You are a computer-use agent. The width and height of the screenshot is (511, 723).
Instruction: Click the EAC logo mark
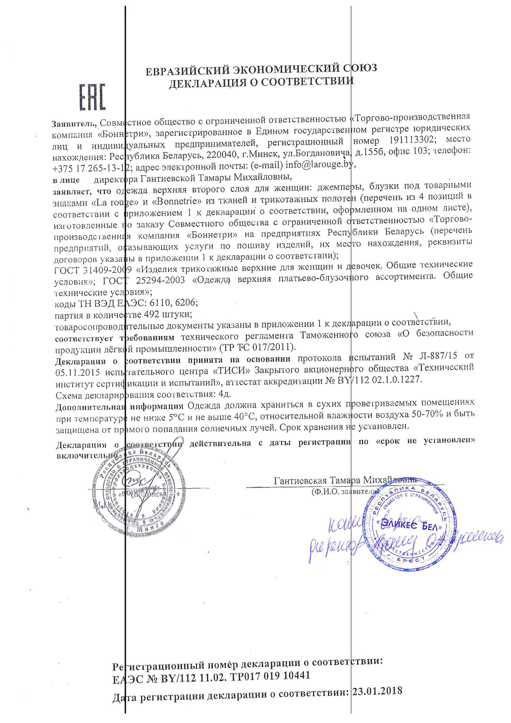point(92,97)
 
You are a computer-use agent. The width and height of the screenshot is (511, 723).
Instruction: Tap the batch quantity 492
point(151,314)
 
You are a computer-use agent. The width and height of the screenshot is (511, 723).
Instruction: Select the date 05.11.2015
point(77,372)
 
